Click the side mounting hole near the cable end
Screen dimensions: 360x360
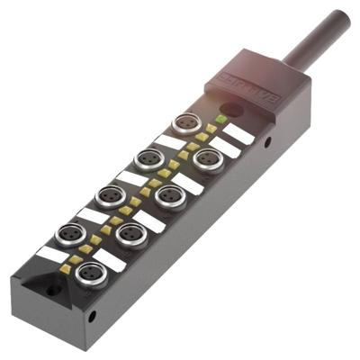point(266,142)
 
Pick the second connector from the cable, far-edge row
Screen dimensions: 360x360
point(149,158)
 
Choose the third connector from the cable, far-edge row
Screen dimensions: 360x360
point(110,195)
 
